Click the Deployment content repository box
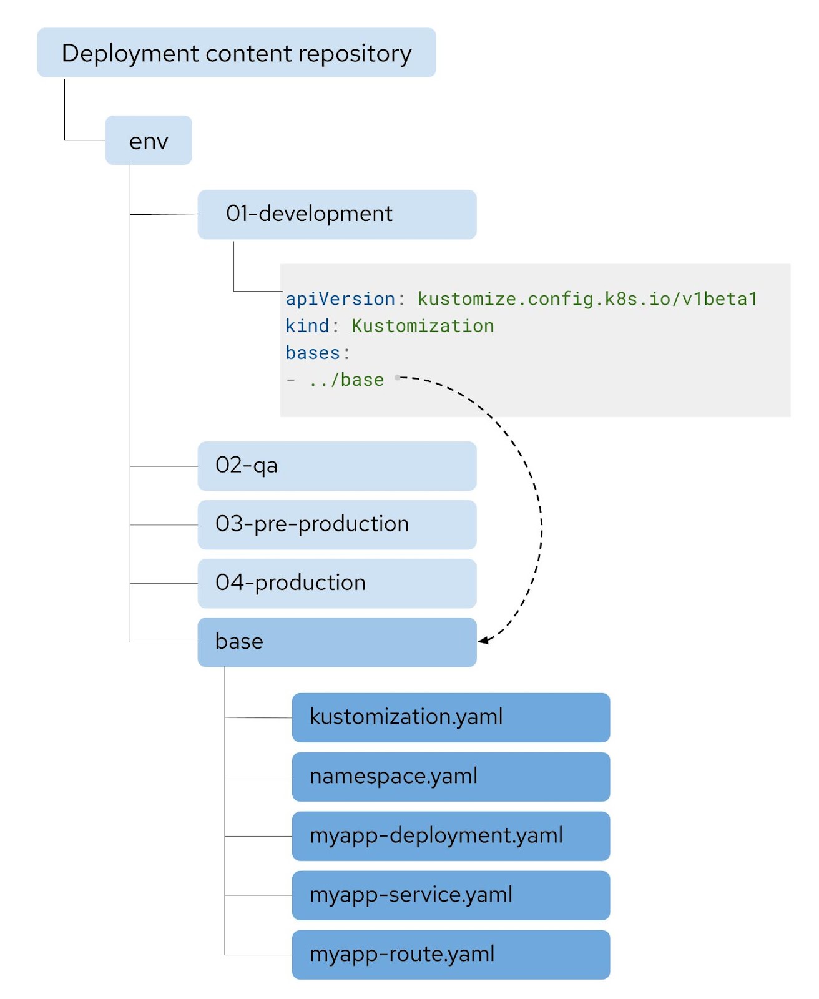point(236,53)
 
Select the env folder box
point(149,140)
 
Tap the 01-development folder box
point(336,214)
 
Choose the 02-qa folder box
point(336,466)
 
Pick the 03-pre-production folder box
point(336,524)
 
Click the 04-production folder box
point(336,583)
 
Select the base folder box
point(336,642)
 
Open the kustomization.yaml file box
point(450,717)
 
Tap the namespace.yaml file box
point(450,777)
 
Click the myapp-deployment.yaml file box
point(450,836)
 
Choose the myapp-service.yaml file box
point(450,895)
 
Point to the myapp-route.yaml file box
point(450,955)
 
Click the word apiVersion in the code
point(340,299)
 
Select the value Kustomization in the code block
point(423,326)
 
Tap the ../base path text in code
point(346,380)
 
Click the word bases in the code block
point(313,353)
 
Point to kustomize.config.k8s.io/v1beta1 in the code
point(587,299)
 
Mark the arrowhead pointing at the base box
point(483,641)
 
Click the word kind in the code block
point(307,326)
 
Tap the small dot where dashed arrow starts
point(398,377)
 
